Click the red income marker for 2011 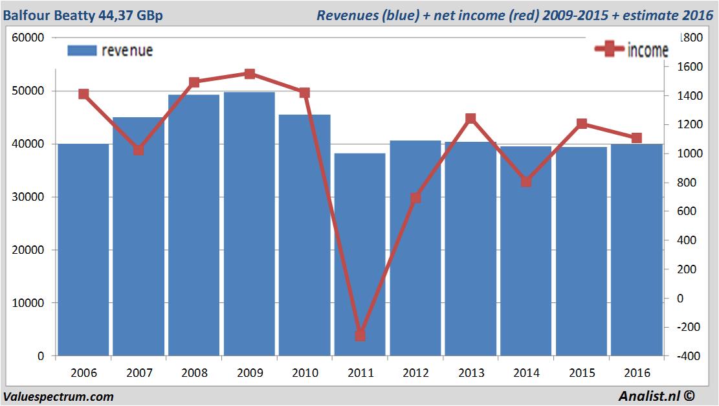point(360,335)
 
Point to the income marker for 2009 point(250,74)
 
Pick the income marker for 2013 point(470,118)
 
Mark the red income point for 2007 point(138,150)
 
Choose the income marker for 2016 point(636,138)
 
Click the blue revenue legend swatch point(82,51)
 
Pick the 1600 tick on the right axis point(685,67)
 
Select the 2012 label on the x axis point(415,373)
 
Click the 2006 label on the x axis point(83,373)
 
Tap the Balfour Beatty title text point(83,15)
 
